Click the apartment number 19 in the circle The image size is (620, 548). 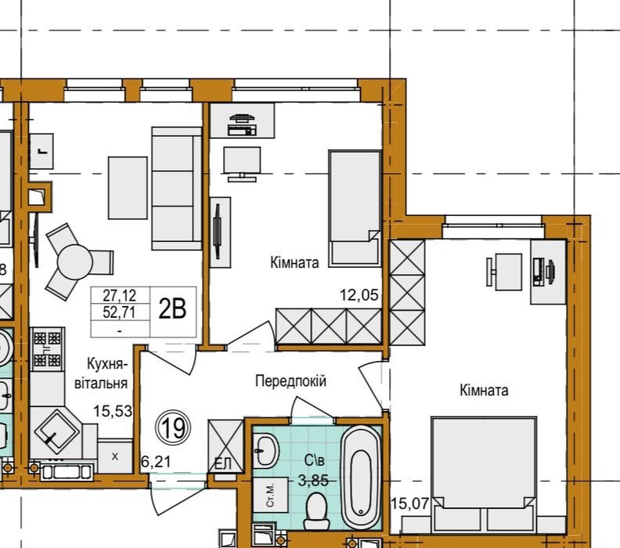pyautogui.click(x=173, y=427)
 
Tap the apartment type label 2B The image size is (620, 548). pyautogui.click(x=172, y=308)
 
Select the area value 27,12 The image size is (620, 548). pyautogui.click(x=120, y=295)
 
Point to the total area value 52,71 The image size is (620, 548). pyautogui.click(x=120, y=312)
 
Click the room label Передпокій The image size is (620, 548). pyautogui.click(x=290, y=381)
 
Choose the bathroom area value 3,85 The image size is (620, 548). pyautogui.click(x=313, y=481)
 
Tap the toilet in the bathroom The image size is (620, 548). pyautogui.click(x=316, y=510)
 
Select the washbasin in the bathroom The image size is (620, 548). pyautogui.click(x=265, y=449)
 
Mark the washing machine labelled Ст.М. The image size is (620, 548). pyautogui.click(x=271, y=495)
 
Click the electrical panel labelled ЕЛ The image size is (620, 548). pyautogui.click(x=226, y=445)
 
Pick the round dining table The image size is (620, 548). pyautogui.click(x=74, y=261)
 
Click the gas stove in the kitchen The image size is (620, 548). pyautogui.click(x=48, y=349)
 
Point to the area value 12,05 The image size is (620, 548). pyautogui.click(x=359, y=295)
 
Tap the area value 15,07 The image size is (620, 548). pyautogui.click(x=409, y=503)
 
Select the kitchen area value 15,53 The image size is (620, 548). pyautogui.click(x=113, y=411)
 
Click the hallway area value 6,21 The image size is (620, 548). pyautogui.click(x=156, y=461)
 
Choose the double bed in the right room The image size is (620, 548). pyautogui.click(x=485, y=474)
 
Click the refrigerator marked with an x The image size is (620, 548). pyautogui.click(x=115, y=456)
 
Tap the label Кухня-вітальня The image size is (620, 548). pyautogui.click(x=101, y=373)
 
